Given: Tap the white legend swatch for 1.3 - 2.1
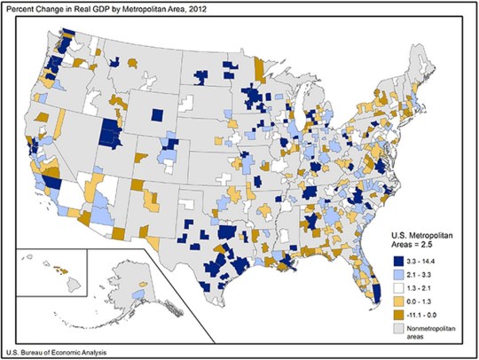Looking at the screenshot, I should point(398,289).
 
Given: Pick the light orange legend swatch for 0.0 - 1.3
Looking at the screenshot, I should point(398,302).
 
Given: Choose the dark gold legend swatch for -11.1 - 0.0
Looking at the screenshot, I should point(398,316).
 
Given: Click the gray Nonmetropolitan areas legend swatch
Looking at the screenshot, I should point(398,331).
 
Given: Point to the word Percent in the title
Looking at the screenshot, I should point(21,8).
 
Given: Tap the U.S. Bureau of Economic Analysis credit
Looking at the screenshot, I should point(64,353).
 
